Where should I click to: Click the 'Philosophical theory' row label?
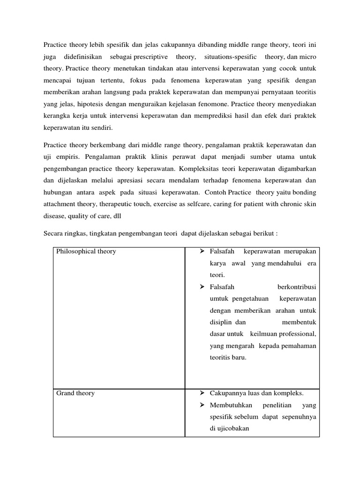point(86,251)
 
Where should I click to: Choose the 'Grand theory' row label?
point(75,393)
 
